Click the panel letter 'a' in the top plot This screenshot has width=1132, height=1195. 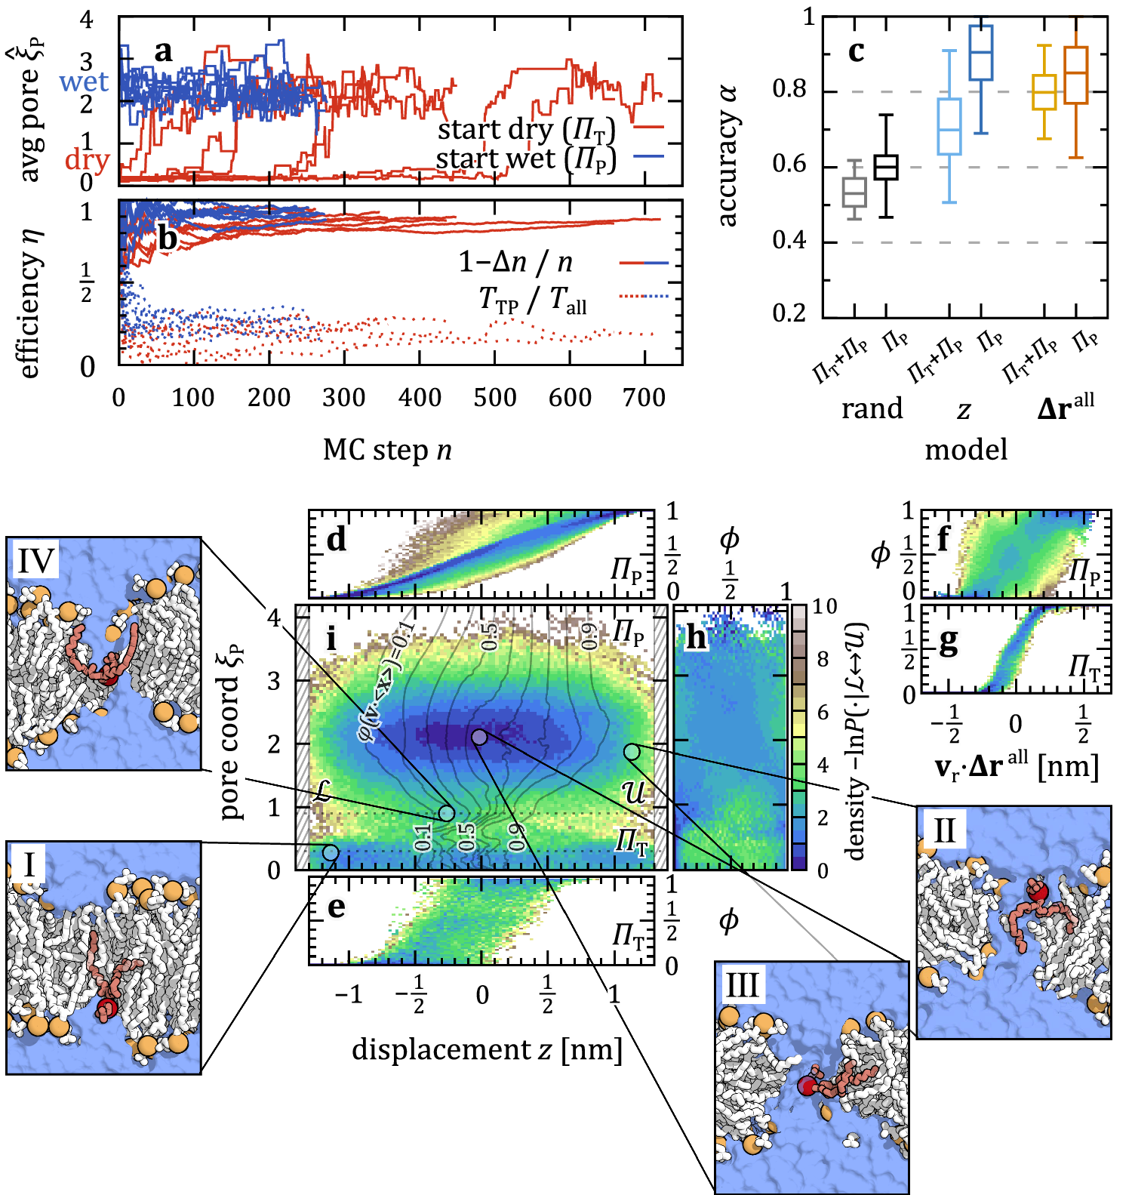pyautogui.click(x=163, y=52)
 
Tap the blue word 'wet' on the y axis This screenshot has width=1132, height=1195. pyautogui.click(x=84, y=82)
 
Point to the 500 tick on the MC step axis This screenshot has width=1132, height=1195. pyautogui.click(x=494, y=397)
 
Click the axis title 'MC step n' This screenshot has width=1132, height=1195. pyautogui.click(x=387, y=450)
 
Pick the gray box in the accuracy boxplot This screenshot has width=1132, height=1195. pyautogui.click(x=854, y=192)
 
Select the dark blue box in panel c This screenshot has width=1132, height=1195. pyautogui.click(x=980, y=52)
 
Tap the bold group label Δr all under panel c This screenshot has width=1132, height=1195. pyautogui.click(x=1065, y=408)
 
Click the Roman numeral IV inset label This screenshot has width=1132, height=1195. pyautogui.click(x=36, y=561)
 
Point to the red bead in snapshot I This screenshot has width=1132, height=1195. pyautogui.click(x=107, y=1008)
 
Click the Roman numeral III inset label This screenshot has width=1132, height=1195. pyautogui.click(x=741, y=985)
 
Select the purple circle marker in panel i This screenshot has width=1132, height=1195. pyautogui.click(x=479, y=736)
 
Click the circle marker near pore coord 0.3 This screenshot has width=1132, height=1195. pyautogui.click(x=331, y=852)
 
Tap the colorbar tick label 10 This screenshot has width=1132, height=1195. pyautogui.click(x=826, y=607)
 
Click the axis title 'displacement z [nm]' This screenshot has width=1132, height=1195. pyautogui.click(x=487, y=1050)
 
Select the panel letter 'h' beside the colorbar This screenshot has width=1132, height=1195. pyautogui.click(x=695, y=639)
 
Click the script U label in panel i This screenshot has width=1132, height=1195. pyautogui.click(x=632, y=792)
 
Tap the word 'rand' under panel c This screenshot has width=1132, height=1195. pyautogui.click(x=872, y=408)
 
